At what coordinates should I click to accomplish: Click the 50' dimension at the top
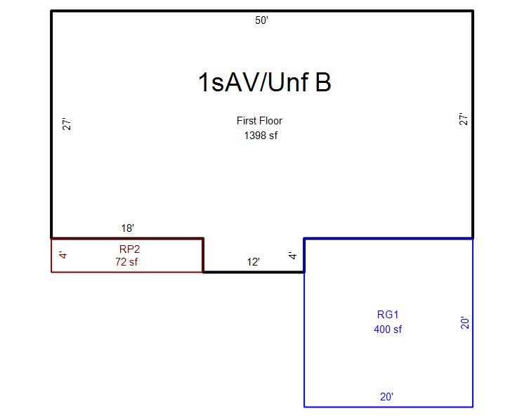pyautogui.click(x=261, y=20)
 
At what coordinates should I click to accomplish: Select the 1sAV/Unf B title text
pyautogui.click(x=264, y=83)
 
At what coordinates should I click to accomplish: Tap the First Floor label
pyautogui.click(x=259, y=121)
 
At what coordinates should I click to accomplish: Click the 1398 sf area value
pyautogui.click(x=261, y=136)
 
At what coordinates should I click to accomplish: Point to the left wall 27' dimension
pyautogui.click(x=68, y=124)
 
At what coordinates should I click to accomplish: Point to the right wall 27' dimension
pyautogui.click(x=463, y=119)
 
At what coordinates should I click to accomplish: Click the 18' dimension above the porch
pyautogui.click(x=127, y=228)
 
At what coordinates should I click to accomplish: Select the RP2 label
pyautogui.click(x=129, y=249)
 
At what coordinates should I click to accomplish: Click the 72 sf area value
pyautogui.click(x=126, y=262)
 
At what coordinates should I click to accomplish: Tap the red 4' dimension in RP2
pyautogui.click(x=63, y=255)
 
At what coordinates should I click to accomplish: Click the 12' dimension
pyautogui.click(x=254, y=262)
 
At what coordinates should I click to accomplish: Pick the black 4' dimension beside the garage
pyautogui.click(x=293, y=256)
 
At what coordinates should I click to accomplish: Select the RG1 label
pyautogui.click(x=388, y=315)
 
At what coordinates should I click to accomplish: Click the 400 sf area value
pyautogui.click(x=388, y=329)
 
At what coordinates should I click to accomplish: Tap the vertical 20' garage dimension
pyautogui.click(x=464, y=322)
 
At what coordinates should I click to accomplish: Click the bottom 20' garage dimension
pyautogui.click(x=386, y=397)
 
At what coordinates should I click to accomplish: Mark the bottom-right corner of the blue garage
pyautogui.click(x=473, y=406)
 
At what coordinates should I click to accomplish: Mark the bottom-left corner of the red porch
pyautogui.click(x=51, y=271)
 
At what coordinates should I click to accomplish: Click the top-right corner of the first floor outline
pyautogui.click(x=473, y=11)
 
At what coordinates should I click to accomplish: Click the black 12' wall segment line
pyautogui.click(x=254, y=272)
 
